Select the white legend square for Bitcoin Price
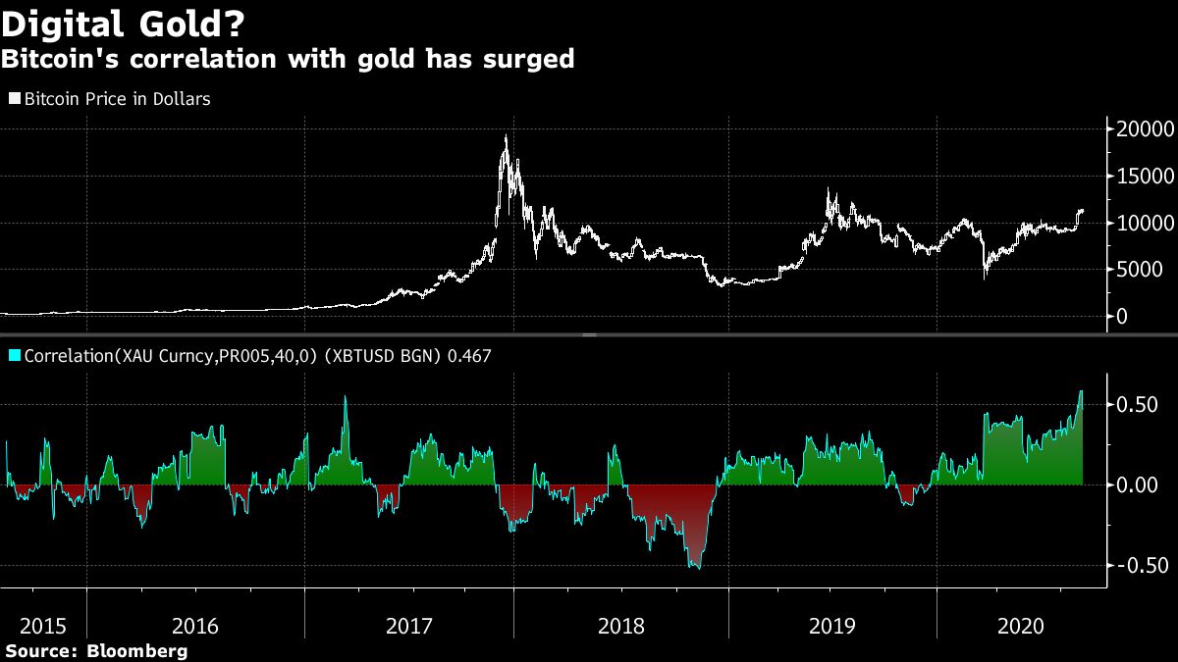pyautogui.click(x=15, y=99)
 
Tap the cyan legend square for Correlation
pyautogui.click(x=15, y=355)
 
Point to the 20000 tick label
pyautogui.click(x=1140, y=129)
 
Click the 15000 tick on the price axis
pyautogui.click(x=1140, y=177)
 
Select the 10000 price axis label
pyautogui.click(x=1140, y=224)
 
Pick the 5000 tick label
pyautogui.click(x=1145, y=271)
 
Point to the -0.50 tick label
pyautogui.click(x=1137, y=566)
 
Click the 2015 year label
pyautogui.click(x=43, y=626)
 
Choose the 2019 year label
pyautogui.click(x=831, y=626)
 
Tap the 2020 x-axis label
pyautogui.click(x=1021, y=626)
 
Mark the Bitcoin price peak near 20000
pyautogui.click(x=506, y=137)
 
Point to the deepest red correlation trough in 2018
pyautogui.click(x=696, y=568)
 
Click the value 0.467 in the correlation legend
pyautogui.click(x=469, y=355)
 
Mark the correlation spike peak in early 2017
pyautogui.click(x=346, y=397)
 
